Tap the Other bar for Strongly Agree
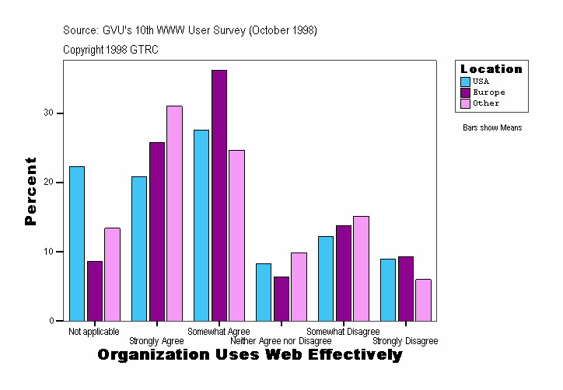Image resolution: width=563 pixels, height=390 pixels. pos(174,213)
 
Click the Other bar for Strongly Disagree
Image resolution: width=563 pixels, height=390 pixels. pos(423,300)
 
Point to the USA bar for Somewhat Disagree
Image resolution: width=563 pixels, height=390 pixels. pos(326,278)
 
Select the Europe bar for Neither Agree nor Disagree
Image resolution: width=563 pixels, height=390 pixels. pos(281,298)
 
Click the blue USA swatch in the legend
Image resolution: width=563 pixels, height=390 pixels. pos(465,82)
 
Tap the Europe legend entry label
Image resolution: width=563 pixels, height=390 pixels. pos(488,92)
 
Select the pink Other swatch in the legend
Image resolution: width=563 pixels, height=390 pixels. pos(465,103)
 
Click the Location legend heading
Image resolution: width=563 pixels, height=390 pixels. pos(491,69)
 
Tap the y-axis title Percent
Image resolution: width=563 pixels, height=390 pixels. pos(30,191)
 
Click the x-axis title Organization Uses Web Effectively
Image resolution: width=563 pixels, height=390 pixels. pos(250,355)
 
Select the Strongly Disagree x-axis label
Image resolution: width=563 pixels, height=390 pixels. pos(405,341)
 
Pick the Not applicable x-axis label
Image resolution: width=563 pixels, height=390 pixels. pos(94,332)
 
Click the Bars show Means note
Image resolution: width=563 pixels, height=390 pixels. pos(492,128)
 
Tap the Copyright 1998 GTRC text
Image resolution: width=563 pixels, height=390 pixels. pos(111,49)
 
